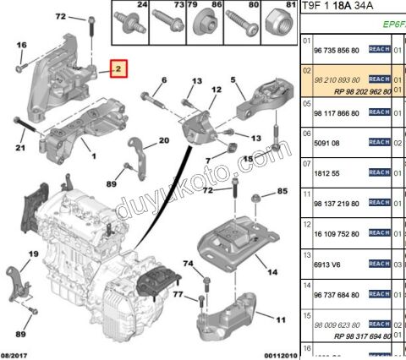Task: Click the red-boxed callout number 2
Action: [x=118, y=68]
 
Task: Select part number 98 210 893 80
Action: [x=337, y=79]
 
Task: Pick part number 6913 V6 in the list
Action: [x=326, y=264]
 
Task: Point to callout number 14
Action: [x=272, y=273]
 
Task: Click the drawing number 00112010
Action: [x=275, y=353]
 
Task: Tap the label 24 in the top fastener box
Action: [x=141, y=6]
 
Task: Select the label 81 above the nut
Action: [x=292, y=6]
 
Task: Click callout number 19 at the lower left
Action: [x=34, y=253]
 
